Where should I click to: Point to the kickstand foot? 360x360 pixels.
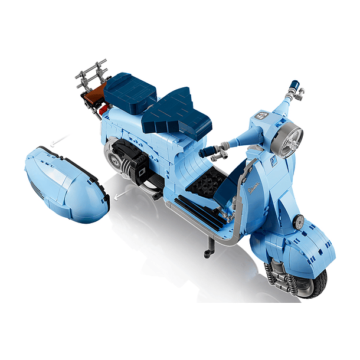pos(207,254)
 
